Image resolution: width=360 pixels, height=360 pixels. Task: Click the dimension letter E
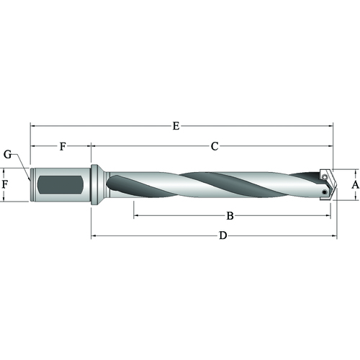click(x=176, y=126)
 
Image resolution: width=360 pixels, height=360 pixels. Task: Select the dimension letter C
click(x=215, y=146)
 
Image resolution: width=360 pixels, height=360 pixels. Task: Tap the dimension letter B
click(x=230, y=216)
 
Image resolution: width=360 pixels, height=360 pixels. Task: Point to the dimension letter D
click(x=223, y=235)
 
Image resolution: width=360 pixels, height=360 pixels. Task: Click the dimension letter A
click(x=355, y=185)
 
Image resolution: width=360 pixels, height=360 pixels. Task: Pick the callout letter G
click(x=8, y=155)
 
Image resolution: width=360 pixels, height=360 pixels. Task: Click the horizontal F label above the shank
click(x=63, y=146)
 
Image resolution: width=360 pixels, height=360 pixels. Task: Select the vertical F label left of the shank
click(x=5, y=184)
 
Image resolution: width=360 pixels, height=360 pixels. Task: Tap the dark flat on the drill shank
click(x=61, y=185)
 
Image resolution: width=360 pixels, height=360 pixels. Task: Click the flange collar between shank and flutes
click(x=94, y=185)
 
